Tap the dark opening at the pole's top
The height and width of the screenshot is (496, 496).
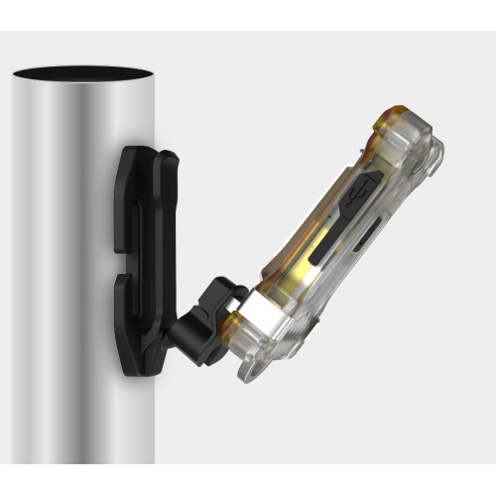tap(83, 75)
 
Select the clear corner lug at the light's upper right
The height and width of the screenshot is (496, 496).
tap(431, 155)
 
